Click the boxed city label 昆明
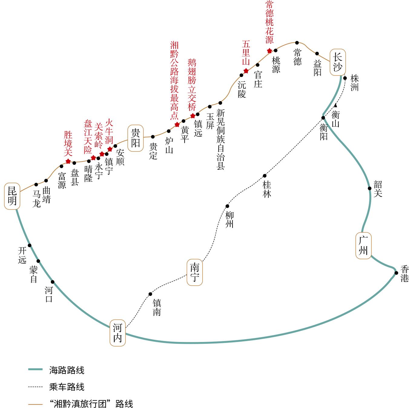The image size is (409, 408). click(x=12, y=196)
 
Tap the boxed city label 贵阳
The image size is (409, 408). click(x=135, y=138)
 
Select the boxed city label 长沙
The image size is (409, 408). click(x=338, y=62)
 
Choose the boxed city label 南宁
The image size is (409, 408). click(x=195, y=272)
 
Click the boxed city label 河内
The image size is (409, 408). click(x=117, y=333)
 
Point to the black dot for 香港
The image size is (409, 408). click(x=396, y=273)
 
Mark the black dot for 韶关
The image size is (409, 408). click(x=370, y=188)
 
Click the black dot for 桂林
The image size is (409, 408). click(x=265, y=176)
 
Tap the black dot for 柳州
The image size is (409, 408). click(x=227, y=206)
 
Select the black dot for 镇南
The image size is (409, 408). click(x=150, y=294)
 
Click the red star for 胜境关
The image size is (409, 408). click(x=68, y=161)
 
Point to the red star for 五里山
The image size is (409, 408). click(x=246, y=71)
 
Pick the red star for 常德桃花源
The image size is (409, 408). click(x=269, y=51)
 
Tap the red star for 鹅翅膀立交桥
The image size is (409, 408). click(x=193, y=116)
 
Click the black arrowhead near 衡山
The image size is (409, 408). click(x=335, y=105)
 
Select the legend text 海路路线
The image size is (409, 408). click(x=67, y=370)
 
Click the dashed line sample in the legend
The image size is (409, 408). click(x=35, y=387)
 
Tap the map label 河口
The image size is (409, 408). click(x=49, y=294)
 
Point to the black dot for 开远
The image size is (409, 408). click(x=29, y=245)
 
